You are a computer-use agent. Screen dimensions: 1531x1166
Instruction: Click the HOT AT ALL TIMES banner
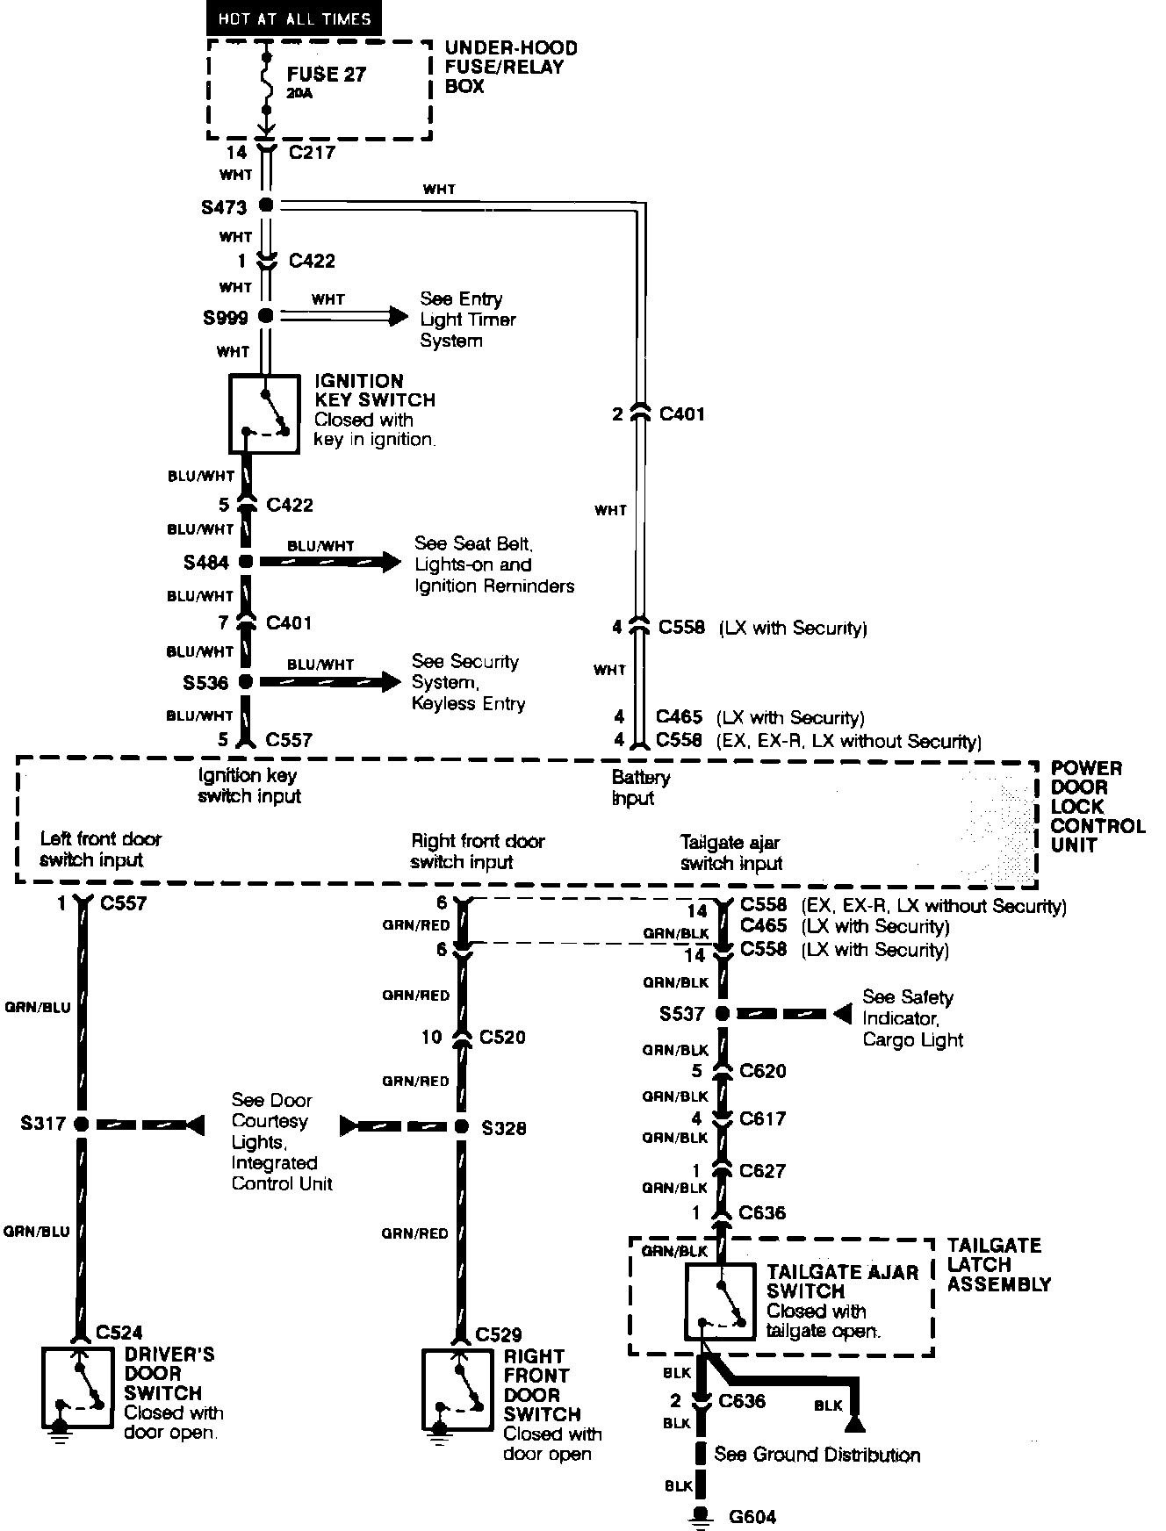[x=294, y=18]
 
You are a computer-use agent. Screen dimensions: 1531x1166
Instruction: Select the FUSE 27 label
[x=326, y=75]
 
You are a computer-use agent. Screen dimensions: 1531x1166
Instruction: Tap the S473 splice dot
[x=266, y=205]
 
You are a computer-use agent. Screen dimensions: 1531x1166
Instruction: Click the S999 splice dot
[x=266, y=316]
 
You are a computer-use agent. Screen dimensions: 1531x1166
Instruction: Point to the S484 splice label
[x=206, y=563]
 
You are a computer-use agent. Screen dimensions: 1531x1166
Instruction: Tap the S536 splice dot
[x=246, y=681]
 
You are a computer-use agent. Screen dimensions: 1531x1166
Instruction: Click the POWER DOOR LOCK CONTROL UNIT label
[x=1098, y=807]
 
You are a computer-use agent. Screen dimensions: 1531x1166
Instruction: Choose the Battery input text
[x=640, y=787]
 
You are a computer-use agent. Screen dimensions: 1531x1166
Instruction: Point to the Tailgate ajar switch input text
[x=731, y=852]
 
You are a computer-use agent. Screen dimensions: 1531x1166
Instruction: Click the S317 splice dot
[x=82, y=1124]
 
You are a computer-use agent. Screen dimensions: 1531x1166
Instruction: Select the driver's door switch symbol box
[x=78, y=1387]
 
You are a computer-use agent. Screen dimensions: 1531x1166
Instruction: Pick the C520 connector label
[x=502, y=1037]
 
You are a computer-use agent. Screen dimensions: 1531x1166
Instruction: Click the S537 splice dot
[x=722, y=1014]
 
